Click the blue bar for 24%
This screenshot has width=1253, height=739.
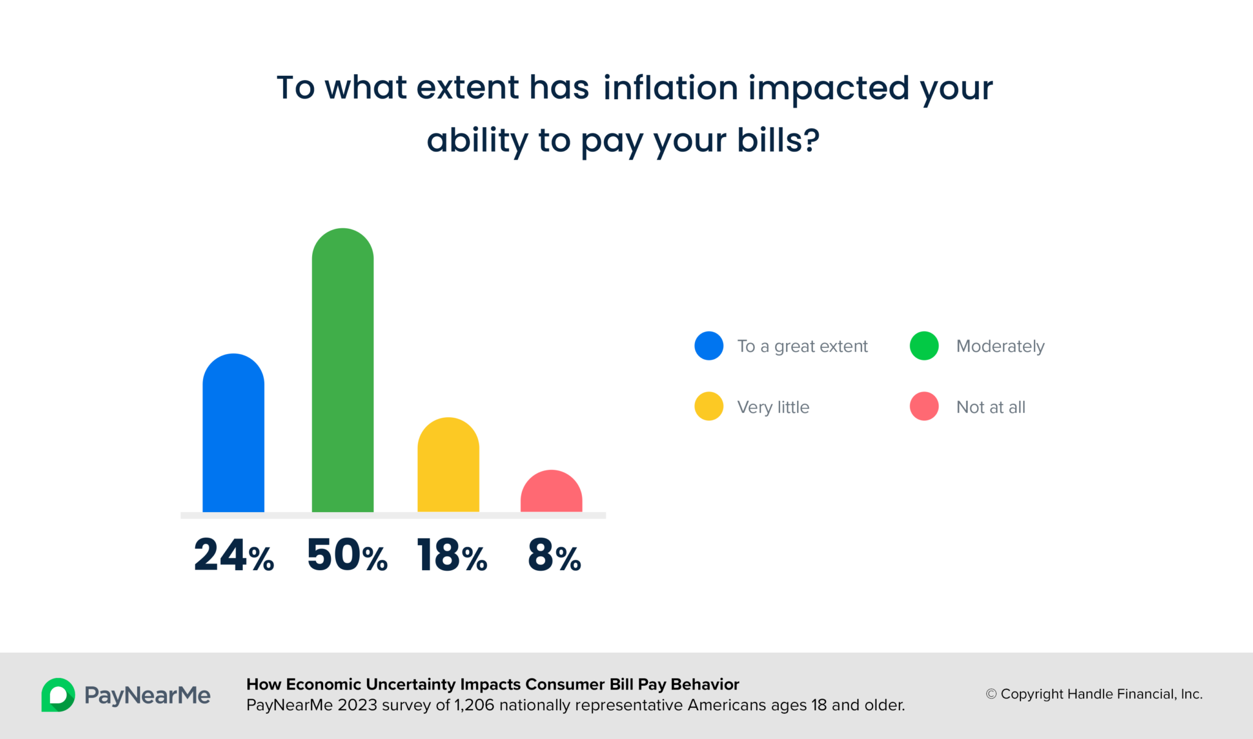[233, 434]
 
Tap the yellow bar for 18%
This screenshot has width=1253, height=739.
[448, 466]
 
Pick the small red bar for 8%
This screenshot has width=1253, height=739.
[551, 493]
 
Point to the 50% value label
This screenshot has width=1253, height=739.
[347, 555]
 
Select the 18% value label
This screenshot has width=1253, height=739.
[452, 555]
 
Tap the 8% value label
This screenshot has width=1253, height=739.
[554, 555]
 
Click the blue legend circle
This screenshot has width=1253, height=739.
[708, 346]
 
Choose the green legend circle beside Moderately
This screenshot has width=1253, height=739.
[924, 346]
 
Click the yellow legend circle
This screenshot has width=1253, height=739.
[708, 406]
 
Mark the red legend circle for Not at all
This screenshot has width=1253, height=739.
[924, 406]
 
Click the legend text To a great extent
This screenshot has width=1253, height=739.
[802, 346]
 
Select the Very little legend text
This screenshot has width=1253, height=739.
[773, 407]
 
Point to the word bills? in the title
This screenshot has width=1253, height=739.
[778, 140]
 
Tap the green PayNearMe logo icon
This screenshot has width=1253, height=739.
[58, 695]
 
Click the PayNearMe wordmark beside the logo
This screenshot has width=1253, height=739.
[147, 696]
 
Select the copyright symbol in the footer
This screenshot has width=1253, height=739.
[991, 694]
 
